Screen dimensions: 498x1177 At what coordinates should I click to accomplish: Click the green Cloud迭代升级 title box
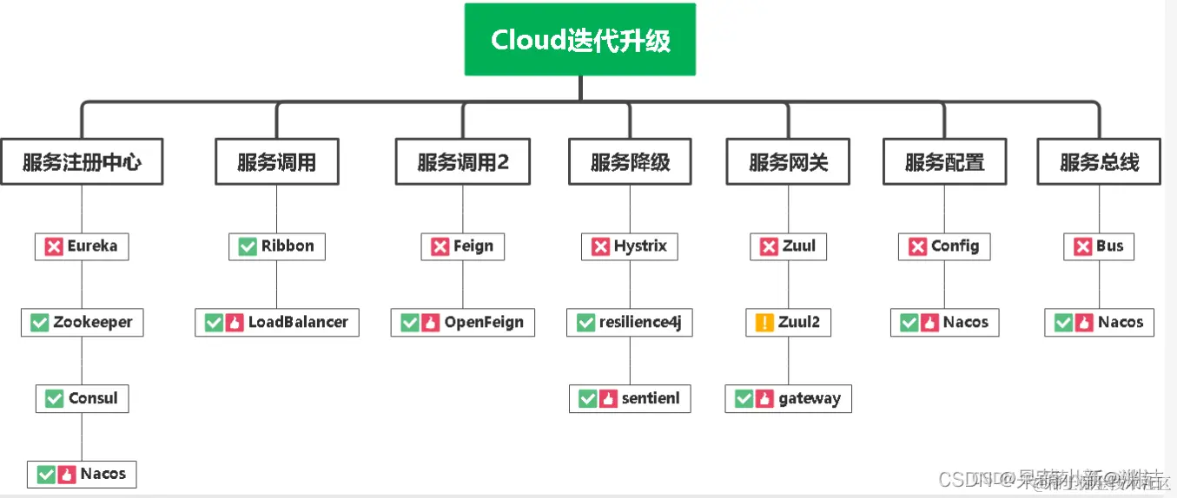(x=580, y=40)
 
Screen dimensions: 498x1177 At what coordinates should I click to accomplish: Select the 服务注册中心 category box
(x=82, y=162)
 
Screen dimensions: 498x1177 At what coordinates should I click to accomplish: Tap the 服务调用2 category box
(x=462, y=162)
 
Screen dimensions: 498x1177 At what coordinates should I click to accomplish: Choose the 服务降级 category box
(x=630, y=162)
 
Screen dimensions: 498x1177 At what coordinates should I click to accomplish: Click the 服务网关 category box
(x=788, y=162)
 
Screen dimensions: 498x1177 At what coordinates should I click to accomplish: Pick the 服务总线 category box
(x=1099, y=162)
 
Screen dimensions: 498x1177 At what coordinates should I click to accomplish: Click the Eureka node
(x=82, y=246)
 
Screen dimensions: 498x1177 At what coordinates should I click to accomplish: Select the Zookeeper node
(x=82, y=323)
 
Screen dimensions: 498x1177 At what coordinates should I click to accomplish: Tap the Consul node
(x=82, y=398)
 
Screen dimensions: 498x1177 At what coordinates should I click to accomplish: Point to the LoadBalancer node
(x=276, y=323)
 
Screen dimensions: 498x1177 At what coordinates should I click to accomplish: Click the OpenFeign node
(x=462, y=323)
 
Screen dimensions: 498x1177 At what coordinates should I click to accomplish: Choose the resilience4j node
(x=630, y=323)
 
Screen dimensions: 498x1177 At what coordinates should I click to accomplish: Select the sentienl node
(x=630, y=398)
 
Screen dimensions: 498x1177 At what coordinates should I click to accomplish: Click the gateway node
(x=788, y=398)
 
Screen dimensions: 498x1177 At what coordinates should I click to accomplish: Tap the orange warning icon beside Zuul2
(x=764, y=323)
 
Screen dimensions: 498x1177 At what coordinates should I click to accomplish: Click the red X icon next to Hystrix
(x=600, y=246)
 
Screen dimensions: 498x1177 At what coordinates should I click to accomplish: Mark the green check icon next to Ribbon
(x=248, y=246)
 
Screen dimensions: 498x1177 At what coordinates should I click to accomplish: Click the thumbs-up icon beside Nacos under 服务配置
(x=929, y=323)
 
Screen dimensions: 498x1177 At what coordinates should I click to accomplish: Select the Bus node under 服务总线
(x=1099, y=246)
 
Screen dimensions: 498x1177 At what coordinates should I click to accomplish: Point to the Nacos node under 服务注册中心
(x=82, y=475)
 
